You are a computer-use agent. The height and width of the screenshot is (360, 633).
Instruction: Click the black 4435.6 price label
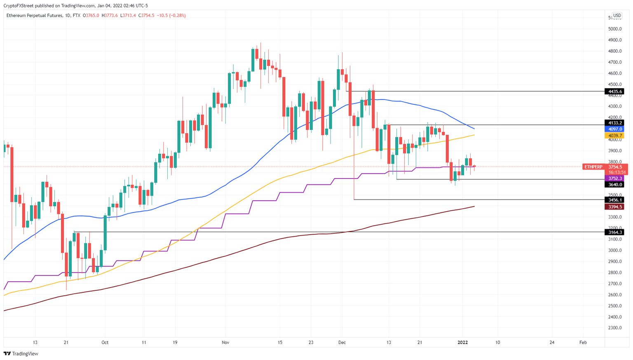614,92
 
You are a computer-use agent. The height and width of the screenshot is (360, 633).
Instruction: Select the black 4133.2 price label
614,123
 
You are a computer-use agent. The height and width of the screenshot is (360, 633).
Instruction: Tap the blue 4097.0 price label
614,129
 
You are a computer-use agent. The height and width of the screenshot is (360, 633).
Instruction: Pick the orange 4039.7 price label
614,136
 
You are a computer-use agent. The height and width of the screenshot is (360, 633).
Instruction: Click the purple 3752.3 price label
614,179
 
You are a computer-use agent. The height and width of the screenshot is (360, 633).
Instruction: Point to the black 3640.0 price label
614,185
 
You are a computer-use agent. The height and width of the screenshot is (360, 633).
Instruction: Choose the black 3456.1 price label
614,200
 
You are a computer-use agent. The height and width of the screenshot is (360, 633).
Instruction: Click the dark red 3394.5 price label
614,207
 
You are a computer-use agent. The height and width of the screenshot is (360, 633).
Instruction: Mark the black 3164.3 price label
614,232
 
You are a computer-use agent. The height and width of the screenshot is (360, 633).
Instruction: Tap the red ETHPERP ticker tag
593,167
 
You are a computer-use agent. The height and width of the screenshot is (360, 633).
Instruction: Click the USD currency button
617,16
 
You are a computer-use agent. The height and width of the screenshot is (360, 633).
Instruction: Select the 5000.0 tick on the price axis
615,29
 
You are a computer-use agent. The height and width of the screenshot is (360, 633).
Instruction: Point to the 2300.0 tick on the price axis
615,328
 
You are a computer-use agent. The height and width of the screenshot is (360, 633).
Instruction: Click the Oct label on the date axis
105,342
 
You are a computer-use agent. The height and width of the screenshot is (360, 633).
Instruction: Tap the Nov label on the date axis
225,342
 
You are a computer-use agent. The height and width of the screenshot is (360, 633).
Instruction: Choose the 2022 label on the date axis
462,342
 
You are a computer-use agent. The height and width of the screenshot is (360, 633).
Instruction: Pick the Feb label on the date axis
583,342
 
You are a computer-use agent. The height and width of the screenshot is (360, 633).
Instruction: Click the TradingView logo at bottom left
21,353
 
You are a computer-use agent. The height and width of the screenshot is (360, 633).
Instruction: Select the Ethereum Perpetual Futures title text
34,16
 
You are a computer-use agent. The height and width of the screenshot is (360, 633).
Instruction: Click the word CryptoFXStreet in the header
19,6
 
